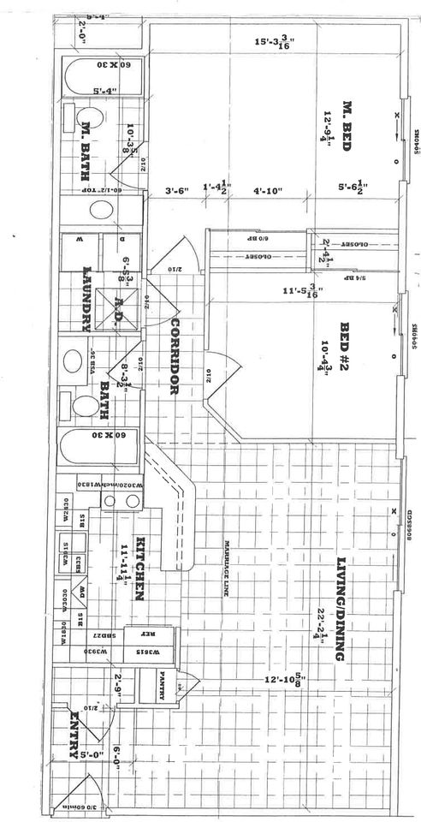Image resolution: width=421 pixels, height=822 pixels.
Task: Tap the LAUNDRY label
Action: (86, 299)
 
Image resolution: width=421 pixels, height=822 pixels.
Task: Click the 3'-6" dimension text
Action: (176, 191)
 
